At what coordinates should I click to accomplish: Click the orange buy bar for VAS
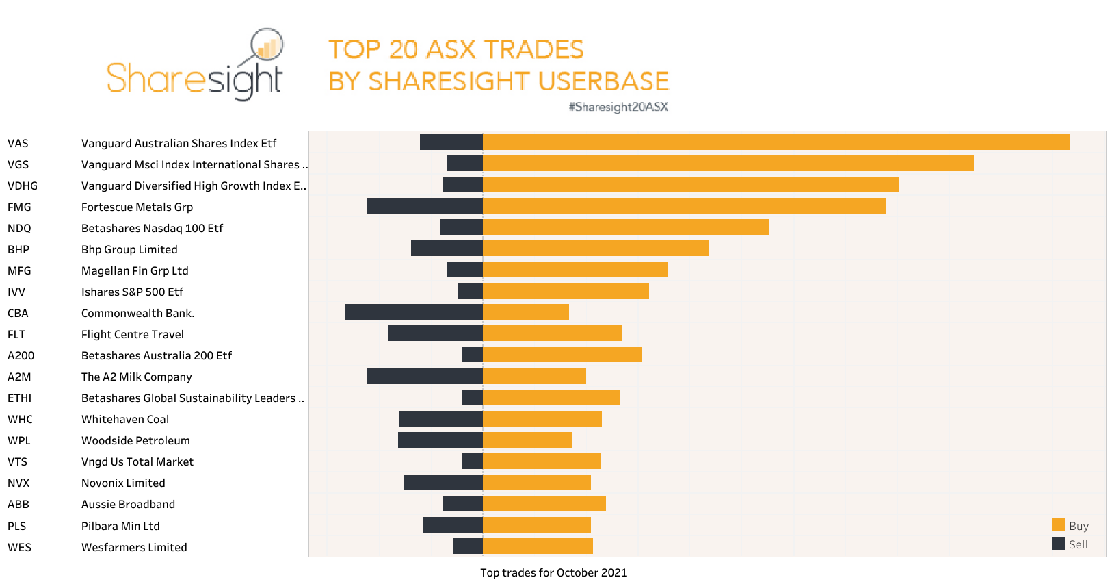(x=776, y=142)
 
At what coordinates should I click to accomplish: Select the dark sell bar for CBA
(x=414, y=312)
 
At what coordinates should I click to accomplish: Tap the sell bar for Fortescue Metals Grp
(x=424, y=206)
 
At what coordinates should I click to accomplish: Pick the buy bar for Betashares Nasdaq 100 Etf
(x=626, y=227)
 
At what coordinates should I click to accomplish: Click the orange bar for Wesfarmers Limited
(x=538, y=546)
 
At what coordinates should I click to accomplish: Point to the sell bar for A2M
(x=424, y=376)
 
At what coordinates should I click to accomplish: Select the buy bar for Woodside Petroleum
(x=527, y=440)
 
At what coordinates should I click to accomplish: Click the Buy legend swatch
(x=1058, y=525)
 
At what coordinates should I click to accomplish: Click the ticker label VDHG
(x=23, y=186)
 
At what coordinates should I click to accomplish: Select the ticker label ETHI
(x=20, y=398)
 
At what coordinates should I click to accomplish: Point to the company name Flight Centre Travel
(x=133, y=334)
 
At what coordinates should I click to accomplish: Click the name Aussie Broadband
(x=128, y=504)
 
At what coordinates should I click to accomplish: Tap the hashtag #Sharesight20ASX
(x=618, y=107)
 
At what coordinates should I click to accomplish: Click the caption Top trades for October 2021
(x=553, y=572)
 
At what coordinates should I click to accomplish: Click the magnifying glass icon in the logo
(x=267, y=46)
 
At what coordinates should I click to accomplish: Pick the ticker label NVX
(x=18, y=483)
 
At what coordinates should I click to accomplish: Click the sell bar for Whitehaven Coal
(x=440, y=418)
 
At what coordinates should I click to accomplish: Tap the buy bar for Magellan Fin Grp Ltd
(x=575, y=270)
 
